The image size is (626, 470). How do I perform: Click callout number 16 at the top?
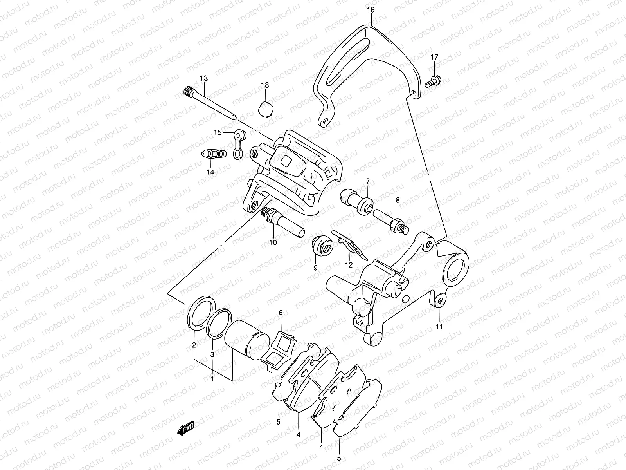(371, 10)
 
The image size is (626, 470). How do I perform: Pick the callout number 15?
(217, 133)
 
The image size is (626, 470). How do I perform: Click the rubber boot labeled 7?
(356, 200)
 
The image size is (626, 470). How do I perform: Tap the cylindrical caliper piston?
(246, 340)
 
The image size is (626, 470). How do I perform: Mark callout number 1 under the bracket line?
(212, 379)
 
